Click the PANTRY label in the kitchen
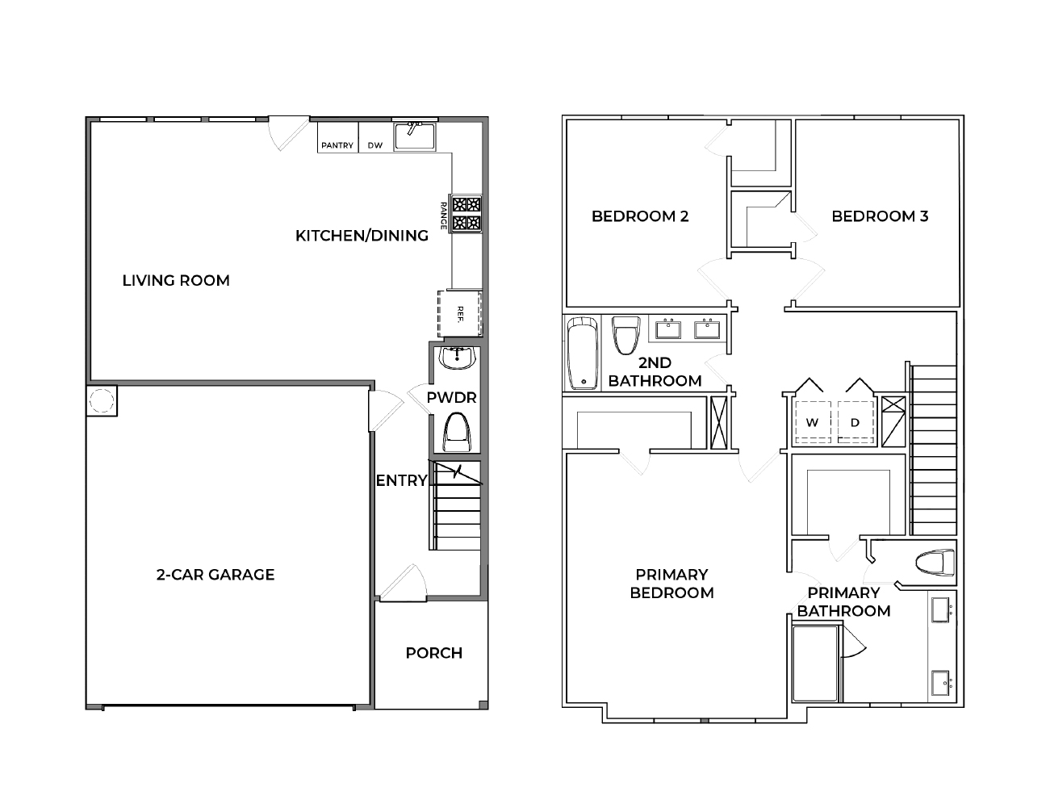(x=337, y=145)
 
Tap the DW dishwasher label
(x=375, y=145)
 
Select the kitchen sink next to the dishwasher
(x=415, y=136)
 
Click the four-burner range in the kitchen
(x=466, y=213)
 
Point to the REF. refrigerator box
(x=459, y=314)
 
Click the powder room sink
(x=458, y=357)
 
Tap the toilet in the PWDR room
(x=458, y=432)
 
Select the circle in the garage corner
(x=102, y=400)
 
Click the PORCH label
(x=434, y=653)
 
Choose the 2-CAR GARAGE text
(x=215, y=575)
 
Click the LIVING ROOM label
(x=176, y=280)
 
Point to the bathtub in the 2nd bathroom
(x=582, y=354)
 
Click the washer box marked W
(x=813, y=422)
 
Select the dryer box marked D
(x=855, y=422)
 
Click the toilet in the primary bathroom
(x=935, y=562)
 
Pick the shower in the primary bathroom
(x=818, y=664)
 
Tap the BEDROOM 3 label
(x=880, y=216)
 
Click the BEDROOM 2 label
(x=640, y=216)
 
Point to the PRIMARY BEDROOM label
(x=671, y=584)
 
